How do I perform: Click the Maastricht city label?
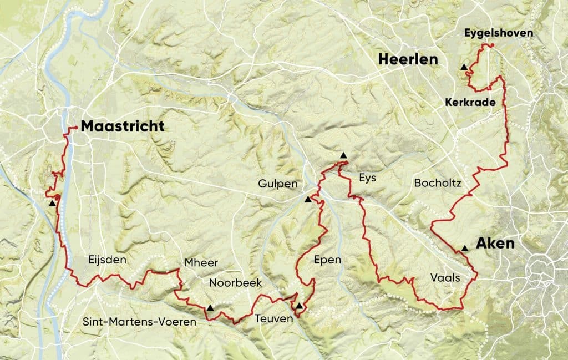[123, 126]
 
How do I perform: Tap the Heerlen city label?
[408, 60]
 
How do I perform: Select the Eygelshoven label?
[499, 33]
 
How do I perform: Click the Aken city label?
[495, 244]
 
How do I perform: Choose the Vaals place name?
[445, 278]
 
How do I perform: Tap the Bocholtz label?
[437, 183]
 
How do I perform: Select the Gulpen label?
[277, 184]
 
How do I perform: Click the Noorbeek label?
[235, 283]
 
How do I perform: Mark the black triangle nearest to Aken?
[464, 249]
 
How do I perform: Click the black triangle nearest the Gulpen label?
[308, 199]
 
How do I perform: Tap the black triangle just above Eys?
[344, 155]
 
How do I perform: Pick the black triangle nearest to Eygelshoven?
[464, 67]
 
